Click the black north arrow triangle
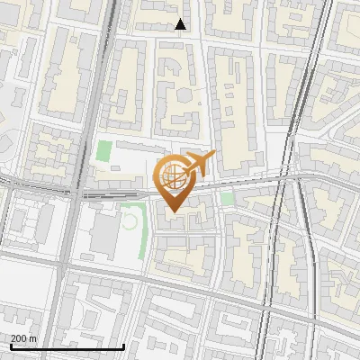point(181,24)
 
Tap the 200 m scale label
point(23,338)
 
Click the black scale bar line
point(67,346)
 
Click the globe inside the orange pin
point(173,178)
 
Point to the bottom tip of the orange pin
point(174,211)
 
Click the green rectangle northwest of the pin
point(105,152)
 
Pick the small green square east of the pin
point(227,198)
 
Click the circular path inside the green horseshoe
point(130,219)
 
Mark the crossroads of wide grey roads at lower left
point(61,264)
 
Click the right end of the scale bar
point(123,346)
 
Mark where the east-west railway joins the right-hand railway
point(297,177)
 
